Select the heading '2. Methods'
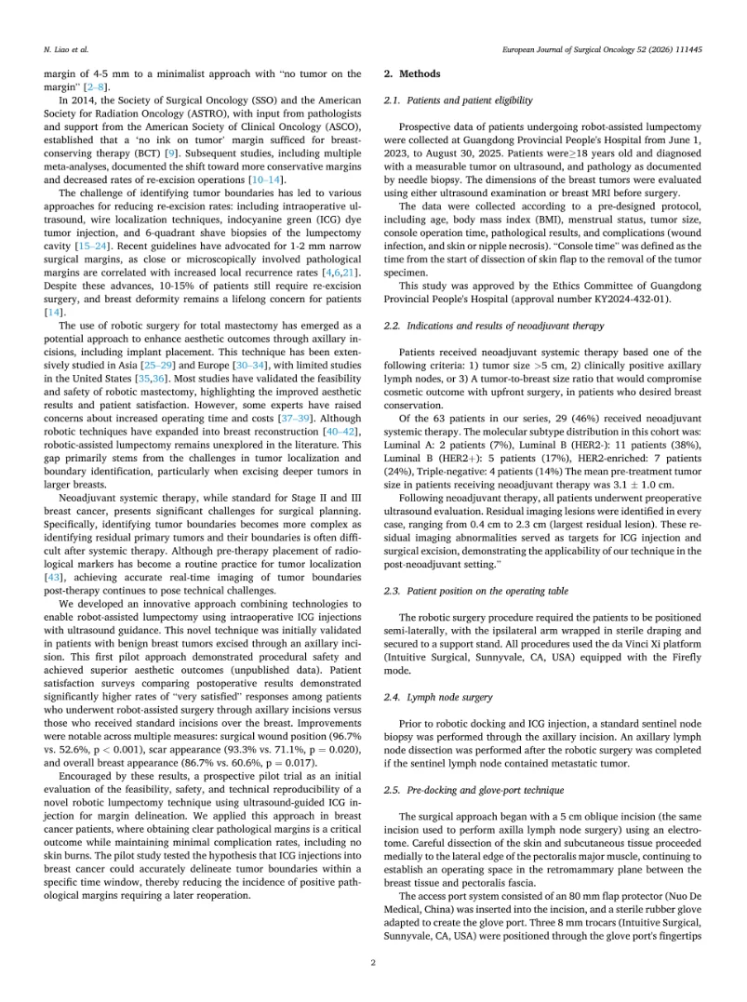click(x=413, y=73)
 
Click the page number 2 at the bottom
click(x=373, y=962)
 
